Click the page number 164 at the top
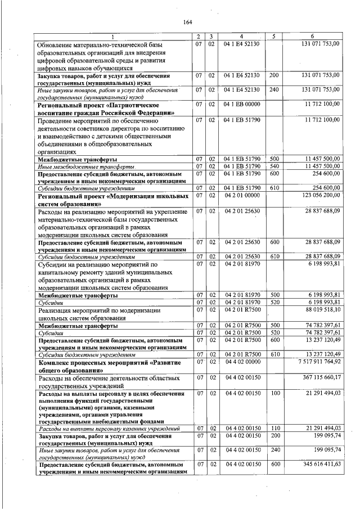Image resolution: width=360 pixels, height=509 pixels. point(188,22)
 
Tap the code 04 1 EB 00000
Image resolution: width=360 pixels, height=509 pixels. point(241,105)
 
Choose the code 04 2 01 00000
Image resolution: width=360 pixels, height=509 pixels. point(241,195)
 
